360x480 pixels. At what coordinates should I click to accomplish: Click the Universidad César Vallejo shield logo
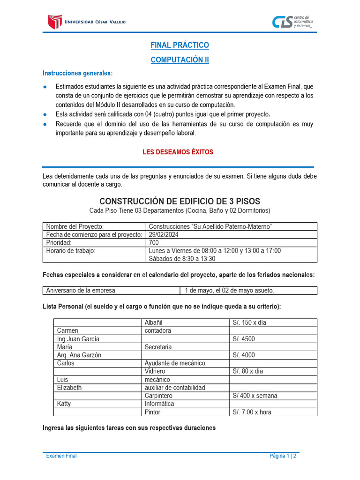[x=55, y=22]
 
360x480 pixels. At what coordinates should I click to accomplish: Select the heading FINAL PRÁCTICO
[x=180, y=45]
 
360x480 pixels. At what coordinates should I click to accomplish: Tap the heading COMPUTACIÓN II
[x=180, y=60]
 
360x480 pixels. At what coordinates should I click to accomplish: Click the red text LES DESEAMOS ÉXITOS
[x=177, y=152]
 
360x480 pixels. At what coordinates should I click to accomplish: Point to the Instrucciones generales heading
[x=77, y=73]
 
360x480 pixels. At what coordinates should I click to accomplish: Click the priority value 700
[x=154, y=243]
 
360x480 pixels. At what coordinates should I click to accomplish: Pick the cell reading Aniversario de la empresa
[x=81, y=291]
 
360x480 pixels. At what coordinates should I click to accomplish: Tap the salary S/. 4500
[x=244, y=339]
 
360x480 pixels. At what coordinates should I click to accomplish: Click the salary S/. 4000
[x=244, y=355]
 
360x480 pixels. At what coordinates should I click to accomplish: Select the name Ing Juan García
[x=78, y=339]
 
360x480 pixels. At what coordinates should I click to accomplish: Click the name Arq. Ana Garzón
[x=79, y=355]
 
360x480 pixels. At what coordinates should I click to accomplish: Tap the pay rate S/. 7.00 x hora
[x=252, y=412]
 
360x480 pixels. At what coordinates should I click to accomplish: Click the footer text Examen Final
[x=61, y=456]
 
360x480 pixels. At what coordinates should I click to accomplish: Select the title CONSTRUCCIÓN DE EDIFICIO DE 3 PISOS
[x=180, y=201]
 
